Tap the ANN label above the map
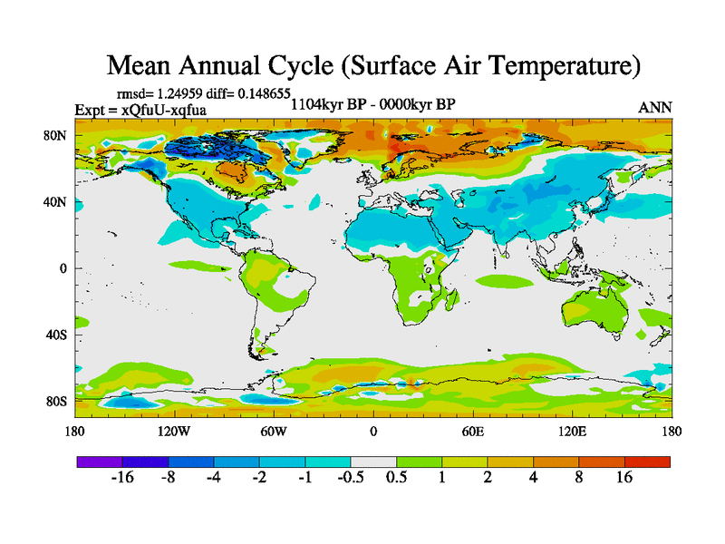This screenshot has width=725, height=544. click(655, 107)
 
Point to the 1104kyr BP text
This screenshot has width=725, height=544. click(327, 103)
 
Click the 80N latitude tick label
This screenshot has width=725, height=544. click(56, 136)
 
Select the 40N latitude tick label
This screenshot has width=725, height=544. click(56, 202)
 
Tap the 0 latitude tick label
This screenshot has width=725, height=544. click(63, 268)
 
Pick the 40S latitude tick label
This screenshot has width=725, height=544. click(56, 335)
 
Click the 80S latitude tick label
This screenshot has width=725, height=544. click(56, 401)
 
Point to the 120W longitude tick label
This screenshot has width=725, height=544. click(174, 432)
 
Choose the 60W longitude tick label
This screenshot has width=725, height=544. click(274, 432)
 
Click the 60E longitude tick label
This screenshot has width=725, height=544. click(472, 432)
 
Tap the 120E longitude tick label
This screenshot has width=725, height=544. click(572, 432)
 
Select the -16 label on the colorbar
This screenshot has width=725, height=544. click(121, 478)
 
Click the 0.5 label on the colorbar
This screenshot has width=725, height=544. click(396, 478)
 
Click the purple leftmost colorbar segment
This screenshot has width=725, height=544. click(99, 461)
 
